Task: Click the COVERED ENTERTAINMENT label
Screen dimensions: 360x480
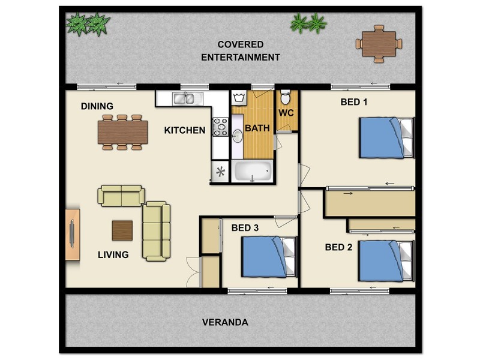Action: pyautogui.click(x=240, y=51)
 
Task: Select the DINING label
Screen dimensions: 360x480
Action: pyautogui.click(x=97, y=106)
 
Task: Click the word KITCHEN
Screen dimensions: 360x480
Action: pyautogui.click(x=185, y=130)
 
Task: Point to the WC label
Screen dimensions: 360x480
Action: pyautogui.click(x=286, y=112)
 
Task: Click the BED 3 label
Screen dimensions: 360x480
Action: pyautogui.click(x=245, y=227)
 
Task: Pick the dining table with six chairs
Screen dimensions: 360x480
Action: pyautogui.click(x=123, y=132)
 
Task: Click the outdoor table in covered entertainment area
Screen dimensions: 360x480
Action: pyautogui.click(x=379, y=43)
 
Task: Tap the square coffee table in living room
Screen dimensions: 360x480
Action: pyautogui.click(x=122, y=230)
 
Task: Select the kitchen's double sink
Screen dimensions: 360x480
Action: pyautogui.click(x=186, y=98)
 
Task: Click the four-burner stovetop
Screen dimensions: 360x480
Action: pyautogui.click(x=220, y=127)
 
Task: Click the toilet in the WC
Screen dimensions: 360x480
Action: pyautogui.click(x=286, y=97)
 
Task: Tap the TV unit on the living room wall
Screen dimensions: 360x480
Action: pyautogui.click(x=72, y=234)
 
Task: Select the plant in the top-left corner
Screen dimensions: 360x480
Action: pyautogui.click(x=88, y=24)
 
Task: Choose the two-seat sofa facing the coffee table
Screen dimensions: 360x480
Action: pyautogui.click(x=122, y=196)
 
